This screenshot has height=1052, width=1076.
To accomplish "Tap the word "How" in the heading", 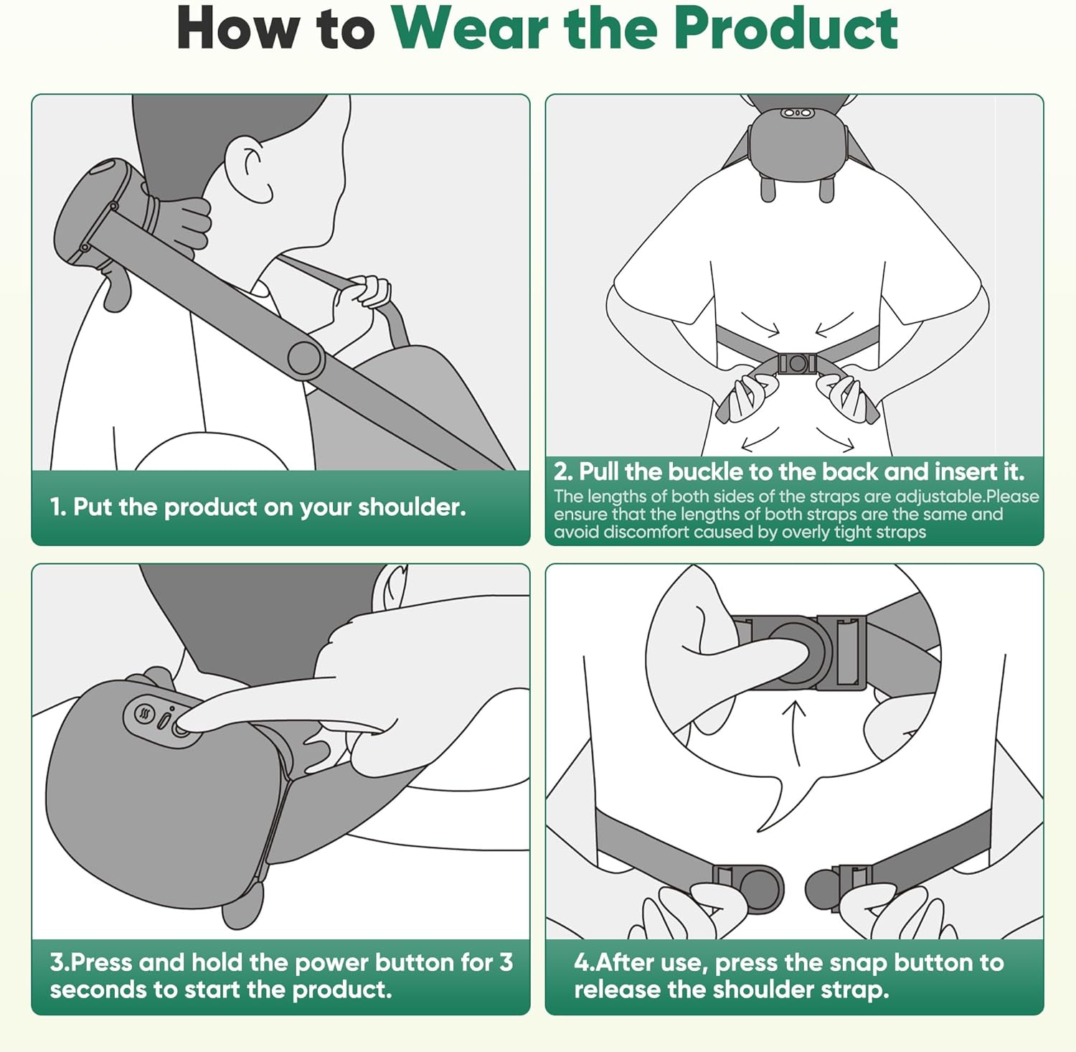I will pos(236,29).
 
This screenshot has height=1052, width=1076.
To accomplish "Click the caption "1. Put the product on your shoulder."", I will pos(258,507).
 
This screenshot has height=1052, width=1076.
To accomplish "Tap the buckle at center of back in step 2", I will pos(796,364).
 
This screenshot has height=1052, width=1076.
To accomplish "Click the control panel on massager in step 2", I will pos(796,113).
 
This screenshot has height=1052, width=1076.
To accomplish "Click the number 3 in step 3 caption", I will pos(506,962).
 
